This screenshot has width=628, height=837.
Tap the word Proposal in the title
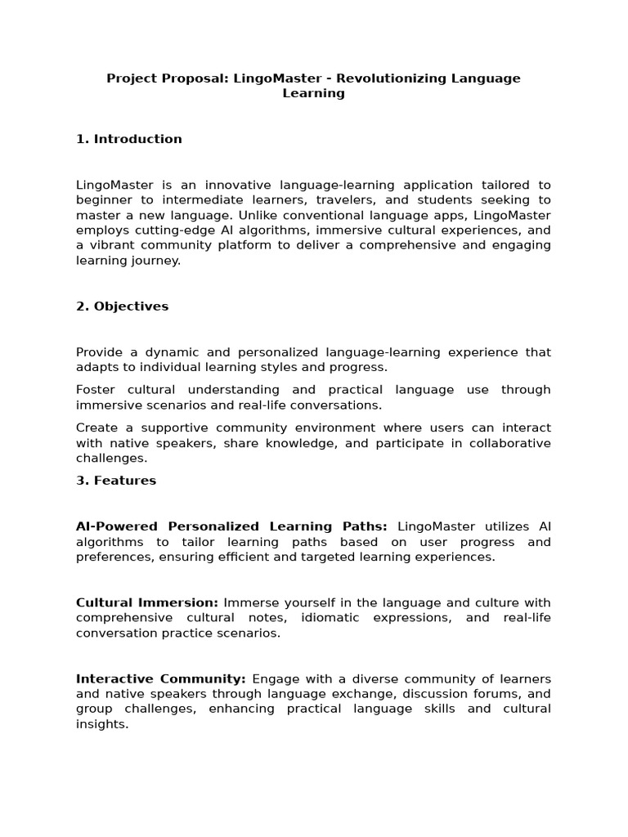coord(181,78)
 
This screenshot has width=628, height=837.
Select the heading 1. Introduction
coord(129,139)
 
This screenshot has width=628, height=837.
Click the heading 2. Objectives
coord(123,307)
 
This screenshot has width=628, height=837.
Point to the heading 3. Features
coord(116,481)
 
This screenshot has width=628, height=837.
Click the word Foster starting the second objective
coord(96,390)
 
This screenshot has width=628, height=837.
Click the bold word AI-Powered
coord(119,526)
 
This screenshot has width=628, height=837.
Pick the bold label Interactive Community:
coord(161,679)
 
